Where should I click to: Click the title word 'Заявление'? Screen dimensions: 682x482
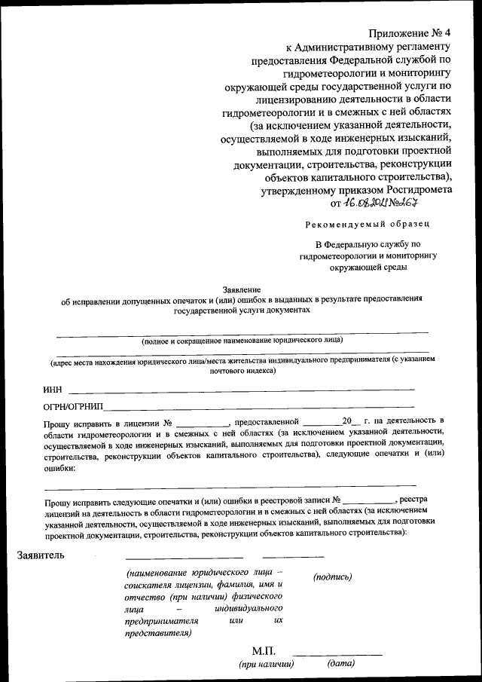pyautogui.click(x=241, y=289)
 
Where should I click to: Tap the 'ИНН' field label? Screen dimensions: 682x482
pyautogui.click(x=53, y=390)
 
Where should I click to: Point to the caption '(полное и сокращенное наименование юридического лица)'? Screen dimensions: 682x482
pyautogui.click(x=242, y=340)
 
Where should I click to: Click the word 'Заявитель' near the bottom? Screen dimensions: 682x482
pyautogui.click(x=41, y=556)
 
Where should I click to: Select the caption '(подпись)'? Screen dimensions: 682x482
pyautogui.click(x=332, y=576)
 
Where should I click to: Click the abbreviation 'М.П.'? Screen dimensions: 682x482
pyautogui.click(x=264, y=650)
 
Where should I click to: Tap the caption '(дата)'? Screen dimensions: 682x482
pyautogui.click(x=341, y=664)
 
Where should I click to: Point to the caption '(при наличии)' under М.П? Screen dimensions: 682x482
pyautogui.click(x=266, y=665)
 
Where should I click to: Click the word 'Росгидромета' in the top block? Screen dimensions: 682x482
pyautogui.click(x=420, y=190)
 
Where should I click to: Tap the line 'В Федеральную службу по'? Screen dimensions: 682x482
pyautogui.click(x=368, y=244)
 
